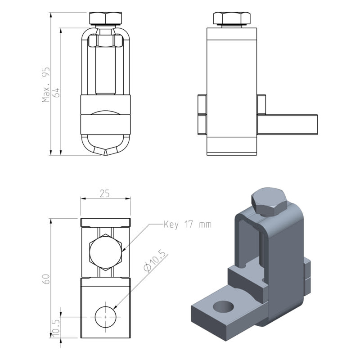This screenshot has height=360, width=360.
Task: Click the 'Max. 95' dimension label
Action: (x=46, y=85)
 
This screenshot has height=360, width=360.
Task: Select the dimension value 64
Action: (x=56, y=92)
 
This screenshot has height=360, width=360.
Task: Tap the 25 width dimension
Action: (x=105, y=194)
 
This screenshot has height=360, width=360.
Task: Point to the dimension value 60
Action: (x=46, y=279)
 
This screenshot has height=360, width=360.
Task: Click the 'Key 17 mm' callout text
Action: (x=188, y=224)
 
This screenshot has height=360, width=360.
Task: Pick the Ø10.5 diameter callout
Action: (x=154, y=261)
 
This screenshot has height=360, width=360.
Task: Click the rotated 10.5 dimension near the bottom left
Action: (x=56, y=328)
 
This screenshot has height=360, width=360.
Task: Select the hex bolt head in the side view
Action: (x=232, y=18)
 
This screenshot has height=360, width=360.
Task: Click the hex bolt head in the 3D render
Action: (x=269, y=202)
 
